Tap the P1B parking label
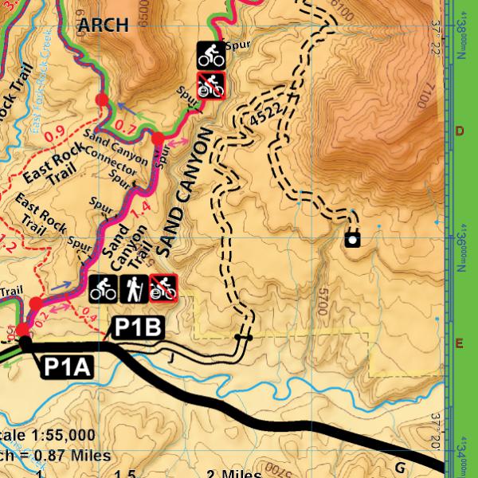pos(139,327)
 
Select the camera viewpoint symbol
pos(352,238)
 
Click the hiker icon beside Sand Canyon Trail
pos(132,289)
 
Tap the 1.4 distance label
pos(144,210)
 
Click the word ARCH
pos(103,25)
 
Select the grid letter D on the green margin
pos(459,131)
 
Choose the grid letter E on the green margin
pos(459,343)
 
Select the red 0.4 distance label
pos(89,319)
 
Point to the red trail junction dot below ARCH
pos(102,99)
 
